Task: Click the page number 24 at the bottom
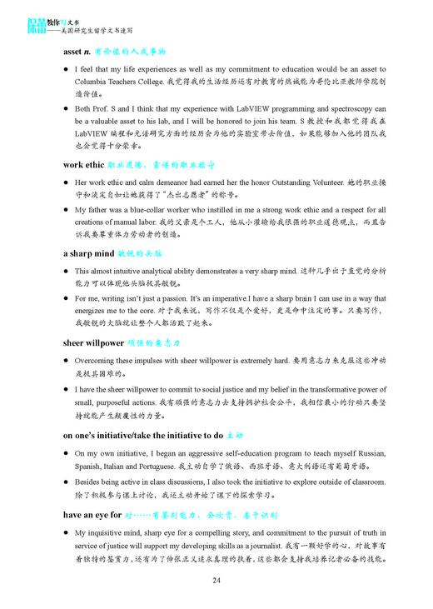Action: click(216, 581)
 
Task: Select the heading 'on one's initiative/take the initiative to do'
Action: click(142, 434)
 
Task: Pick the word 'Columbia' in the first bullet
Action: click(91, 83)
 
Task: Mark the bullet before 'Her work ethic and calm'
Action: click(66, 182)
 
